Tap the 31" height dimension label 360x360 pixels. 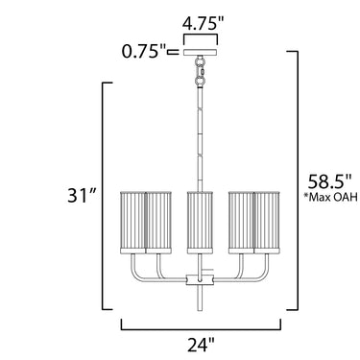tap(82, 195)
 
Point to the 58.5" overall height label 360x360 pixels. tap(329, 182)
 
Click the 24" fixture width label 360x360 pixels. tap(201, 345)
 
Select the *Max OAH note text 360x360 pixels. tap(330, 198)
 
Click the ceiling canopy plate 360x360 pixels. tap(201, 53)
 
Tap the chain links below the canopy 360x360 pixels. tap(201, 71)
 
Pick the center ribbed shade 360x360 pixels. tap(200, 223)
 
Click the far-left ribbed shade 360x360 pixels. tap(133, 223)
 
